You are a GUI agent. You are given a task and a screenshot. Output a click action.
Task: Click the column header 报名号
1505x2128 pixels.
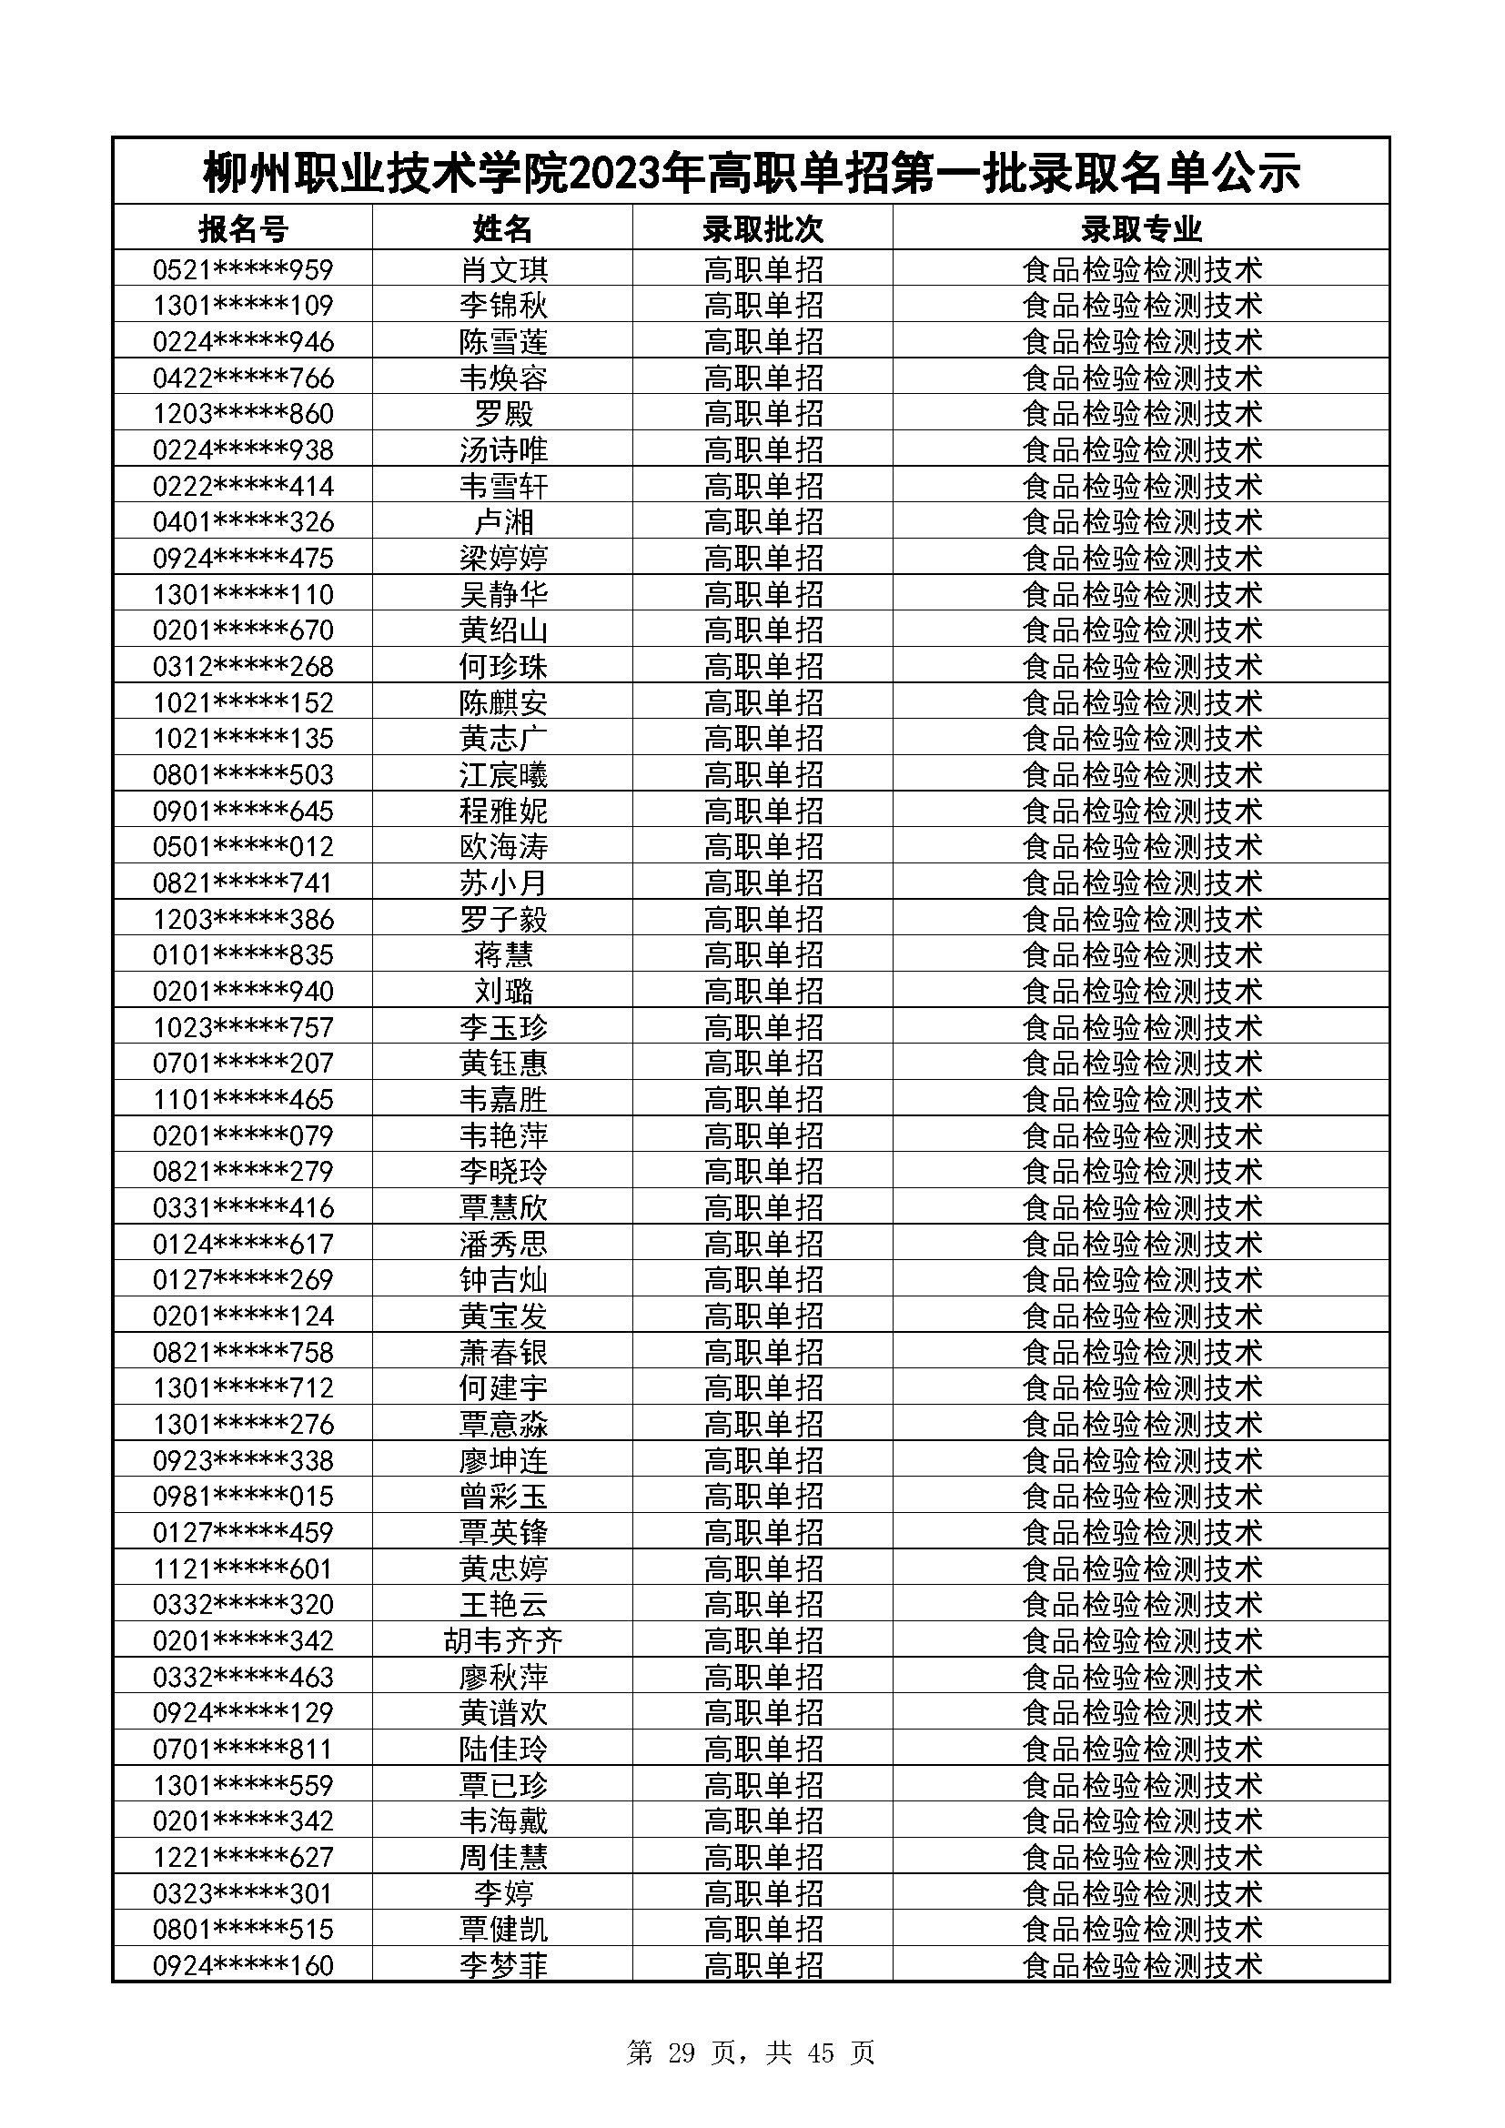(243, 228)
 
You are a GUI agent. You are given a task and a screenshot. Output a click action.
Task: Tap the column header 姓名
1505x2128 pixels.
(503, 228)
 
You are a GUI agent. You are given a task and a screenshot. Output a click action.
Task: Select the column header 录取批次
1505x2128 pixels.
(763, 228)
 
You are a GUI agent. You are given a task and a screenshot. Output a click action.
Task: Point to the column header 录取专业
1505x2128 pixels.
(1141, 228)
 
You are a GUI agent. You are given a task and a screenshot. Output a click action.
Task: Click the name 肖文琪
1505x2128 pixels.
(503, 269)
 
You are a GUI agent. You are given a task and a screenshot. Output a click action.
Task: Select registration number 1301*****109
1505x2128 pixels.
(243, 306)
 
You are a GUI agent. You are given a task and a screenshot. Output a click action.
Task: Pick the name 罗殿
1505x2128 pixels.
(503, 413)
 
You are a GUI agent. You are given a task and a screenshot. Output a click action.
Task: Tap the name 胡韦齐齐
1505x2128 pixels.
(503, 1641)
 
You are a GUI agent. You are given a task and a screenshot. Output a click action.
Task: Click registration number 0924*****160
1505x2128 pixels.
(243, 1966)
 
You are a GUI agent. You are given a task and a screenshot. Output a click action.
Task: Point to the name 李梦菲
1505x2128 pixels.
(503, 1966)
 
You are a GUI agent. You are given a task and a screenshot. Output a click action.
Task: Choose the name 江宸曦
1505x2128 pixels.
(503, 775)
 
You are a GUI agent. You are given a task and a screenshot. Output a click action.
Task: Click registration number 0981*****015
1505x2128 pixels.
(243, 1497)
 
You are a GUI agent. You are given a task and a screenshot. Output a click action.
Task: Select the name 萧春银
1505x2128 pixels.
(503, 1352)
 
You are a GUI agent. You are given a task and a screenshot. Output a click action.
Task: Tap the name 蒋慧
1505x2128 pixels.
(503, 954)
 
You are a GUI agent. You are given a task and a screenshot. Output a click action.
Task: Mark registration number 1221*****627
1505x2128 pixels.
(243, 1858)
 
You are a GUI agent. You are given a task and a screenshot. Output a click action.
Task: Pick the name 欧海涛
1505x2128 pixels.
(503, 847)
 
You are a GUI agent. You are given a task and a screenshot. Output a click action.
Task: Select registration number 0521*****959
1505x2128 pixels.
(243, 269)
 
